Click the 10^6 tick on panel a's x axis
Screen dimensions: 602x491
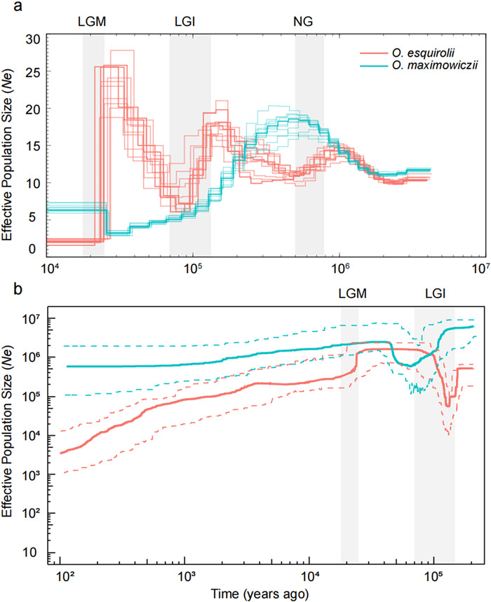340,268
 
